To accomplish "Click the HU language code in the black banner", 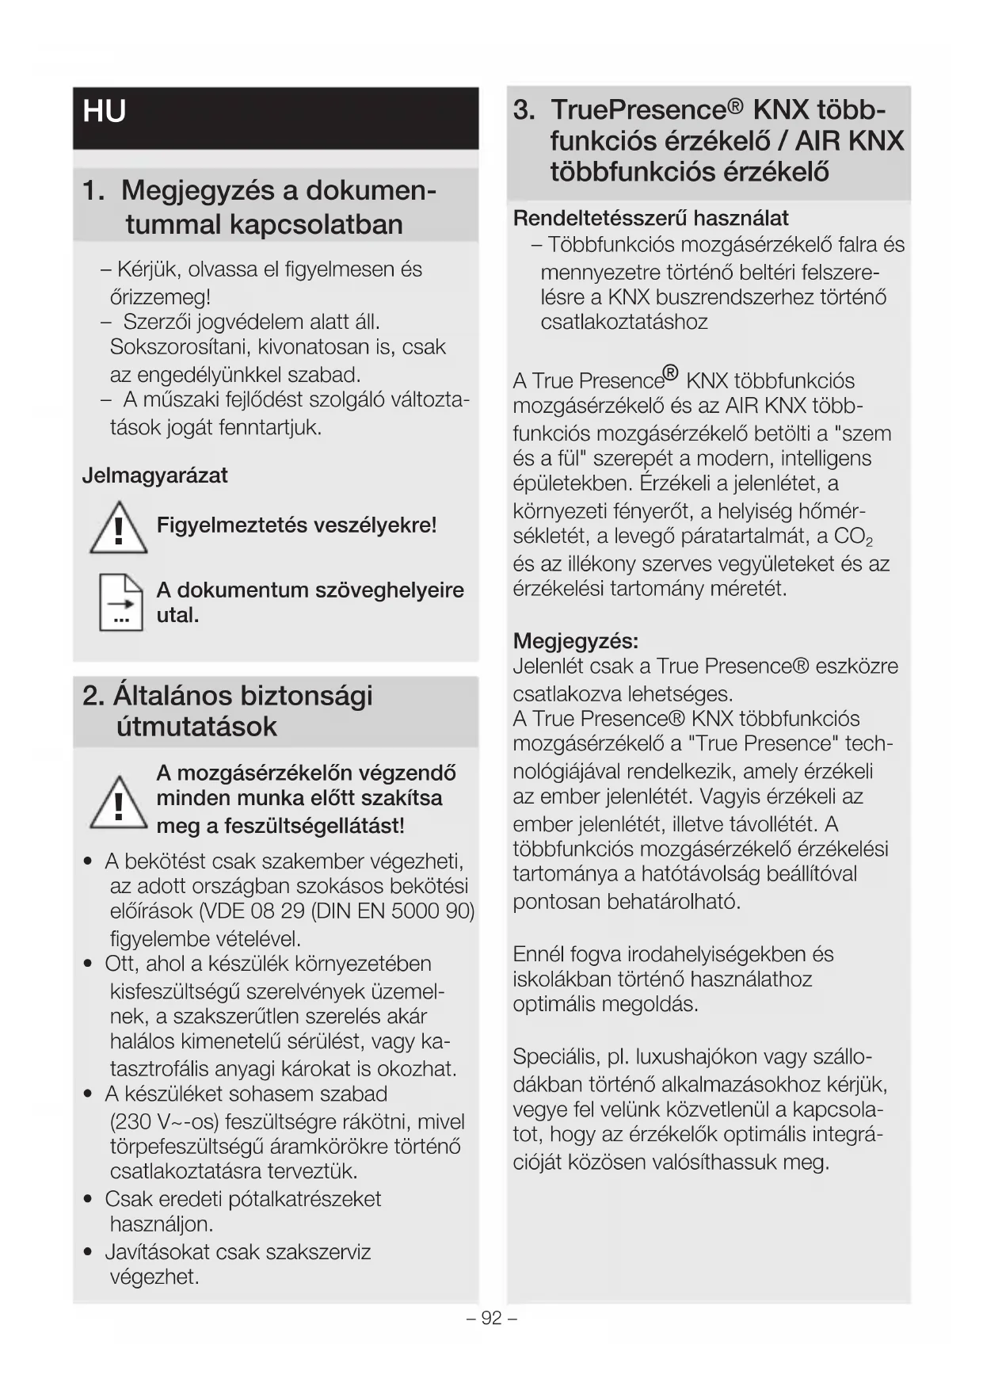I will coord(104,111).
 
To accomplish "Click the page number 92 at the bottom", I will coord(491,1318).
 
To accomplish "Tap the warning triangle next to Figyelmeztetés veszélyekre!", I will coord(118,528).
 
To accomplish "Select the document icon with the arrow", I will coord(120,602).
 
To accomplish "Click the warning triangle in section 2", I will coord(118,802).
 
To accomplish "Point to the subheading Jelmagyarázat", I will coord(154,475).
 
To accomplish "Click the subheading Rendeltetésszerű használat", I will coord(650,218).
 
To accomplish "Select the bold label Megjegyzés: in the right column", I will coord(576,640).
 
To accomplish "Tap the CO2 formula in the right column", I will coord(853,537).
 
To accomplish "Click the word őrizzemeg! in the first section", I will coord(160,297).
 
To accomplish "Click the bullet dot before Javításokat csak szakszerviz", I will coord(89,1252).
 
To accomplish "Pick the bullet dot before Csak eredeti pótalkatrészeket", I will coord(89,1199).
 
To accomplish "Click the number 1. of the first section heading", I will coord(94,191).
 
